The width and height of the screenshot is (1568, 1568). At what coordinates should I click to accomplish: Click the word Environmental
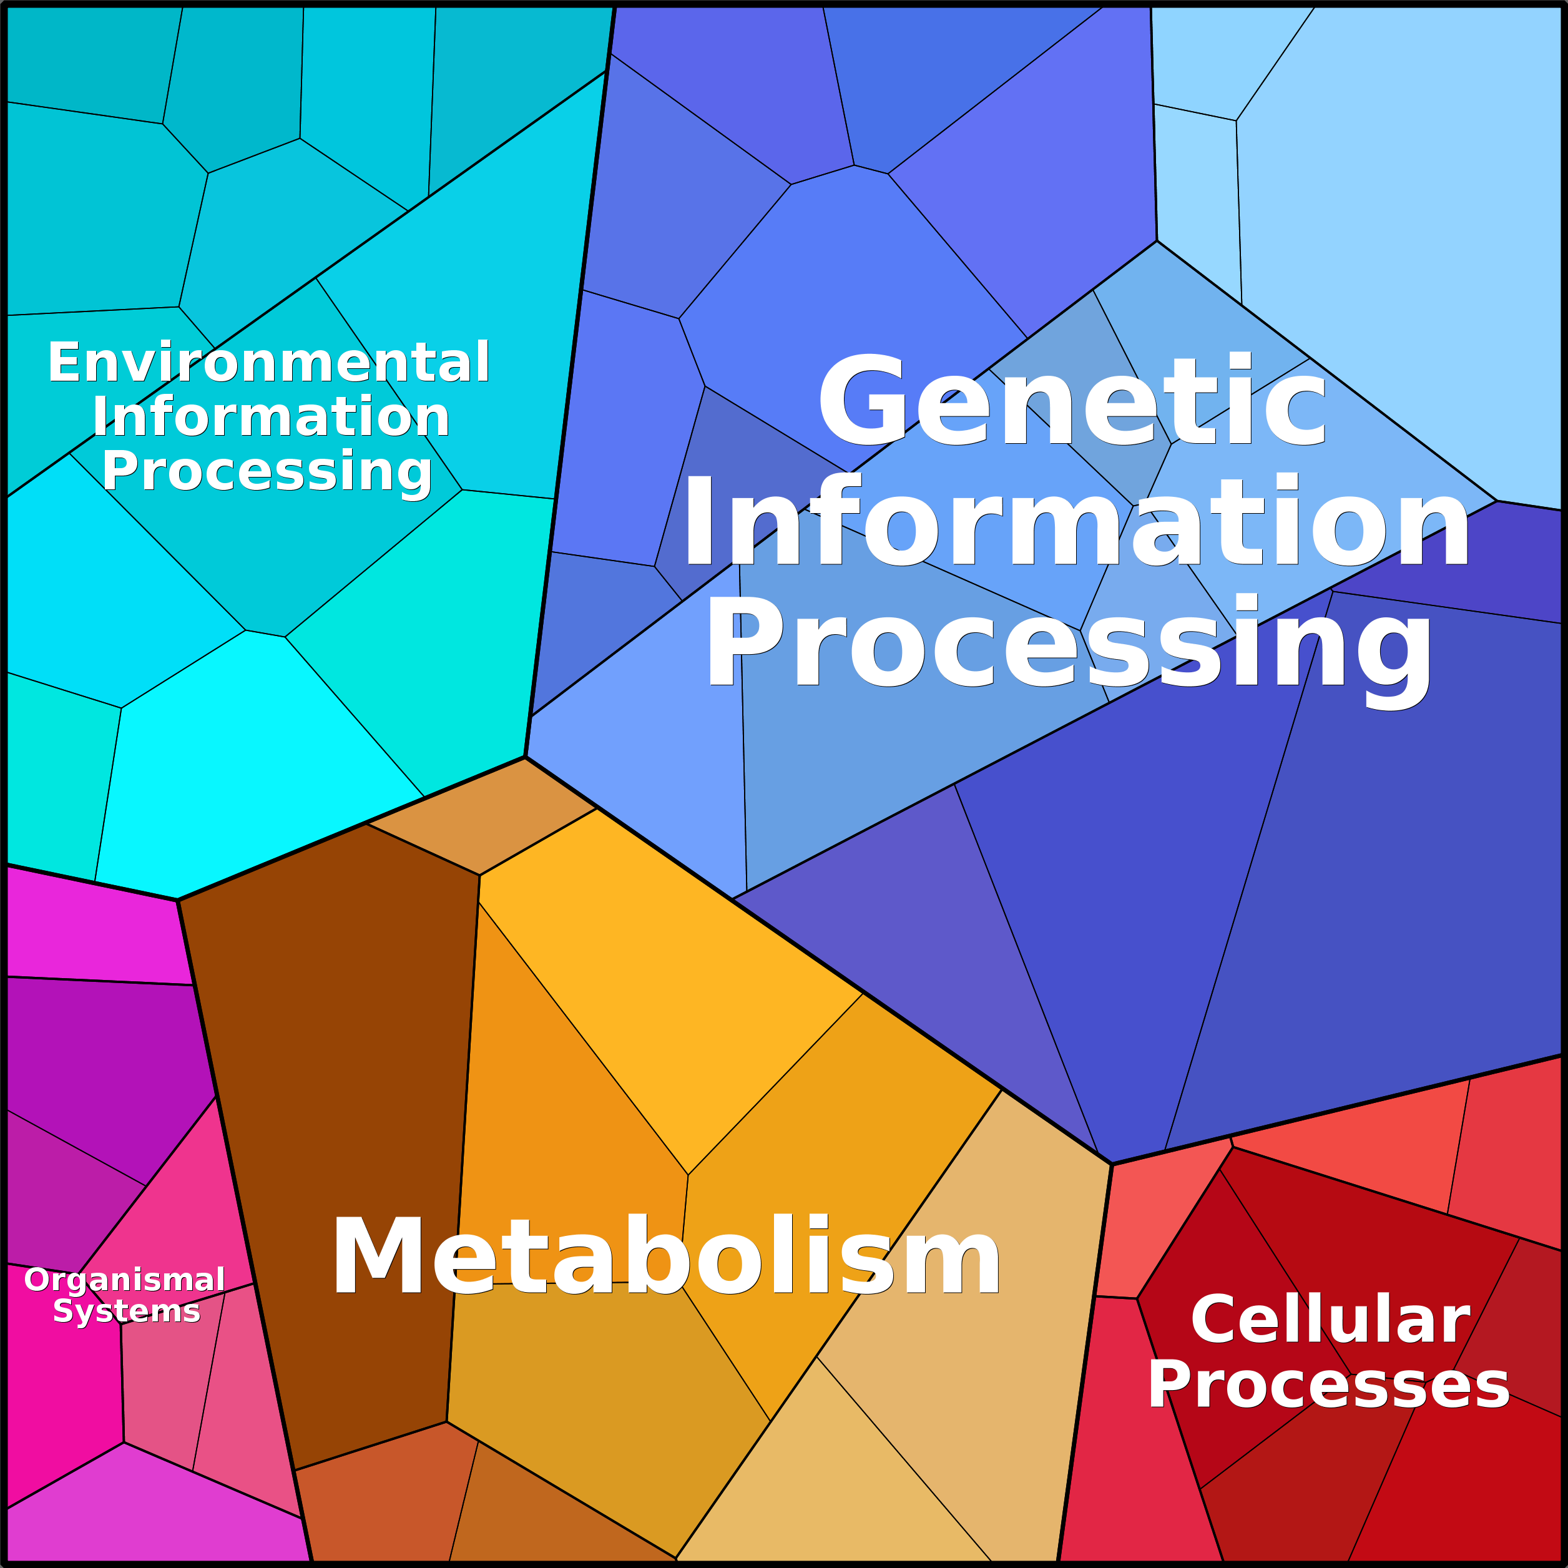(x=268, y=362)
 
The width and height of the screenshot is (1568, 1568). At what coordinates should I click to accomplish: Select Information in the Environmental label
(x=270, y=416)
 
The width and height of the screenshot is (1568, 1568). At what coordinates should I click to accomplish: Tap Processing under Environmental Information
(x=267, y=471)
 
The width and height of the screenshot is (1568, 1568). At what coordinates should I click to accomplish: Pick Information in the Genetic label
(x=1076, y=522)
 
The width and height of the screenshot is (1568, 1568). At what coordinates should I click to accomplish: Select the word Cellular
(x=1330, y=1320)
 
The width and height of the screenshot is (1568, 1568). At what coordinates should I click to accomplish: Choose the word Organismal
(x=124, y=1280)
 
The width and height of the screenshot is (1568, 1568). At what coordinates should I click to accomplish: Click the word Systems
(x=127, y=1311)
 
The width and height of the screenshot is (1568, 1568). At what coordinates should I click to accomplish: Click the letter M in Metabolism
(x=379, y=1255)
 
